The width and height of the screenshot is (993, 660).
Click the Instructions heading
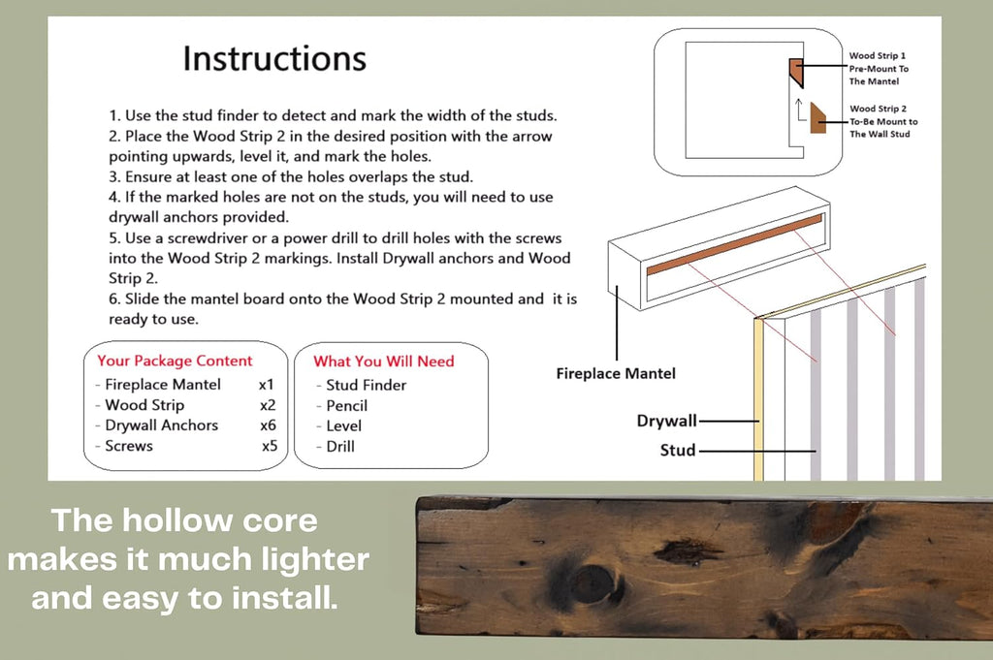[x=274, y=58]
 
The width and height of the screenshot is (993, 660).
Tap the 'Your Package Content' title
[x=175, y=361]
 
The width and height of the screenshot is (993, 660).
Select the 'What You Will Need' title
[x=384, y=361]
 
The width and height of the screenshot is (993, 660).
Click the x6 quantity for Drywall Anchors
[x=268, y=425]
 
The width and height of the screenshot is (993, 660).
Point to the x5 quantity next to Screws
[x=270, y=446]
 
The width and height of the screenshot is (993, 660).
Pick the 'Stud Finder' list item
[x=366, y=385]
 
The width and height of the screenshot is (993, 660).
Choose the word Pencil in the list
[x=346, y=406]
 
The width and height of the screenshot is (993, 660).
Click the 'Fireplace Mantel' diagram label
[x=616, y=374]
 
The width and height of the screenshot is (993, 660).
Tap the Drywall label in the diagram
[x=666, y=421]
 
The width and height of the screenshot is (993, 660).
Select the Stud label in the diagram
[x=678, y=451]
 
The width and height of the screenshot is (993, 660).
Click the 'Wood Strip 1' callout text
[x=877, y=55]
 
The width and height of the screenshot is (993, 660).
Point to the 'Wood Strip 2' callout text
[x=878, y=109]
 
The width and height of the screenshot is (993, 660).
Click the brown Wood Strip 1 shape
[x=796, y=72]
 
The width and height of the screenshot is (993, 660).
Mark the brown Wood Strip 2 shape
[x=817, y=118]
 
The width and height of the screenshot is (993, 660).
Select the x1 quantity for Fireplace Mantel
[x=266, y=385]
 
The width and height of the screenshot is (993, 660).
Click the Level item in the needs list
[x=344, y=425]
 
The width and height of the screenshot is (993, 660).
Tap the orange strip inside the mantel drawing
[x=735, y=244]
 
